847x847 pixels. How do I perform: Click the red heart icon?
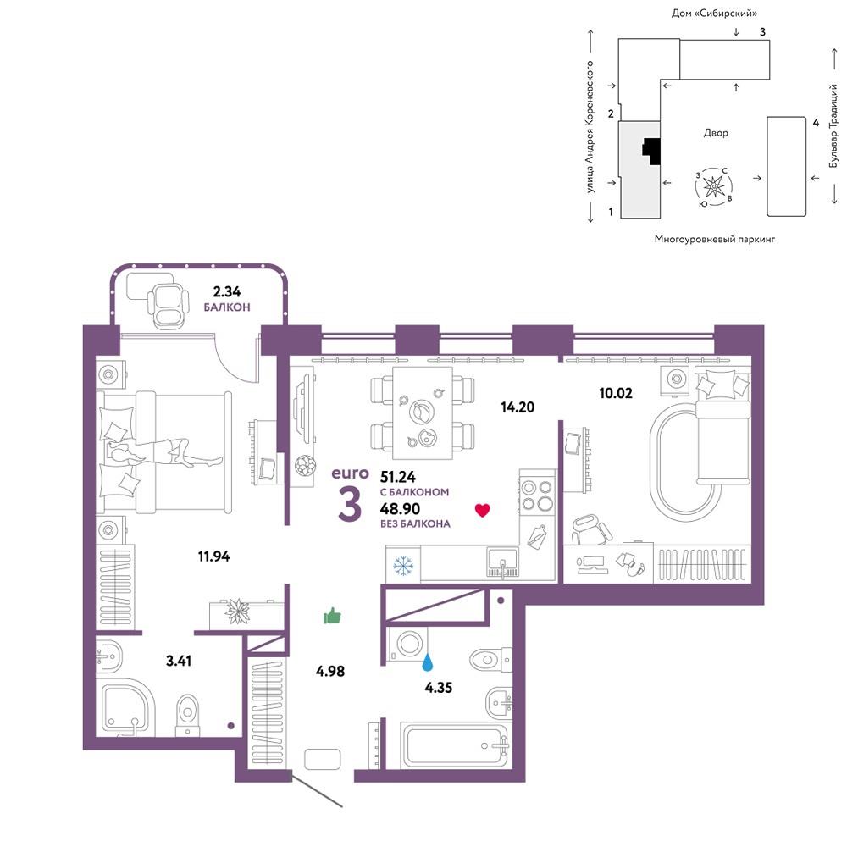[x=483, y=510]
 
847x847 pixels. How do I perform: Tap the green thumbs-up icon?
[x=332, y=615]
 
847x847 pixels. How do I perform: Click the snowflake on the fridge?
[x=403, y=566]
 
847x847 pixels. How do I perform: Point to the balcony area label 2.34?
[x=227, y=291]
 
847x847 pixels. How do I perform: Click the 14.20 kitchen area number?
[x=518, y=407]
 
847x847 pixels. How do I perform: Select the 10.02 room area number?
[x=615, y=393]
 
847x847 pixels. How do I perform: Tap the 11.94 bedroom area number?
[x=214, y=556]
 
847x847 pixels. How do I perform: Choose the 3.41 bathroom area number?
[x=178, y=660]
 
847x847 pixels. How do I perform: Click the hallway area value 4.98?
[x=330, y=671]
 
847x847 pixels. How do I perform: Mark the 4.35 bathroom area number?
[x=438, y=688]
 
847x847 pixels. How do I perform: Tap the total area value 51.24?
[x=398, y=477]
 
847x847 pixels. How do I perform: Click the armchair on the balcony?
[x=168, y=305]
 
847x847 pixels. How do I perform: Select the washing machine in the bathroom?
[x=408, y=644]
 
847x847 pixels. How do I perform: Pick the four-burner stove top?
[x=537, y=495]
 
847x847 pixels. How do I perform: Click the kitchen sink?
[x=502, y=562]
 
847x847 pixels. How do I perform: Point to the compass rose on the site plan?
[x=713, y=186]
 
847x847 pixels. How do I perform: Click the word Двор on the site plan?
[x=716, y=133]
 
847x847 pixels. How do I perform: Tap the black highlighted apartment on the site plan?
[x=652, y=152]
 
